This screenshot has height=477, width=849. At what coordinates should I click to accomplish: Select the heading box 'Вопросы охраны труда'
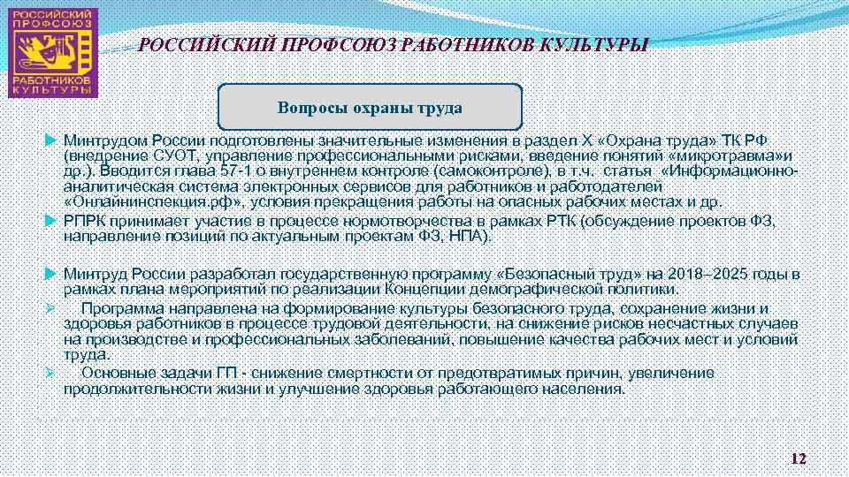pos(370,108)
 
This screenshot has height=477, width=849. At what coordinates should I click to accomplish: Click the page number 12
pos(798,458)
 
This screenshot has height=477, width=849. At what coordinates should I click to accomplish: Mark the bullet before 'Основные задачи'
pos(51,373)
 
